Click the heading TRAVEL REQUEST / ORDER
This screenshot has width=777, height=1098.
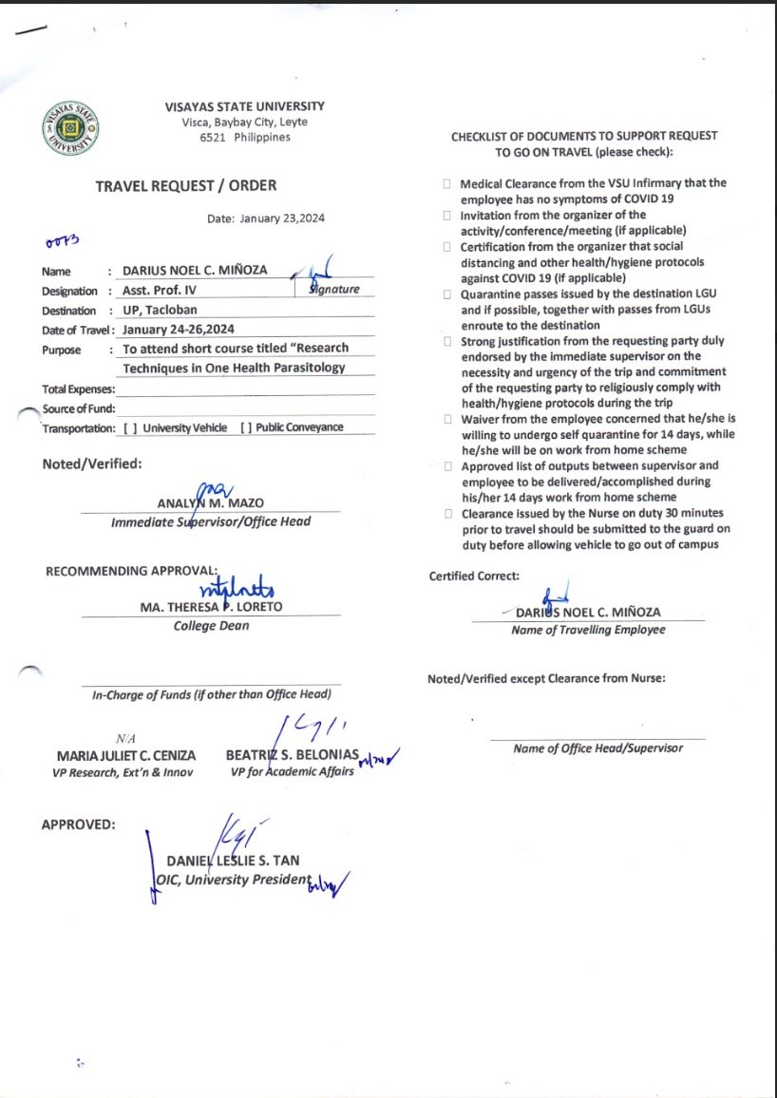click(186, 186)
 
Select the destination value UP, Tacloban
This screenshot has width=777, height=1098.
click(160, 311)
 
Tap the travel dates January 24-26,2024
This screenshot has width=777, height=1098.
click(179, 330)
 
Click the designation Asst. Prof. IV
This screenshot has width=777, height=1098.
click(160, 291)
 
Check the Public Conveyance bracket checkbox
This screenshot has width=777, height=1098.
click(247, 428)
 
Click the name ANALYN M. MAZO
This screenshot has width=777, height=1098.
click(210, 503)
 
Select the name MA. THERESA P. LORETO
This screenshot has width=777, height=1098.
click(211, 607)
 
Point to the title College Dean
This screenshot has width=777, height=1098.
click(211, 626)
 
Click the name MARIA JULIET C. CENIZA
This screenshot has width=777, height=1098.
click(126, 756)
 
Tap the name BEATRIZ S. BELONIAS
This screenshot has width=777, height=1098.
click(292, 755)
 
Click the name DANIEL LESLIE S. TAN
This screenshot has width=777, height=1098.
click(233, 861)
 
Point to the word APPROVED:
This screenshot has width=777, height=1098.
click(78, 824)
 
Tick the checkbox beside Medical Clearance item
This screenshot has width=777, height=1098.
click(446, 184)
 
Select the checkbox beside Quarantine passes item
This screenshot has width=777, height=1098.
click(446, 294)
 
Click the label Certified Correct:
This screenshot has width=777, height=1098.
click(474, 577)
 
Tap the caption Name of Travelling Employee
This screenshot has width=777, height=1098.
click(588, 630)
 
